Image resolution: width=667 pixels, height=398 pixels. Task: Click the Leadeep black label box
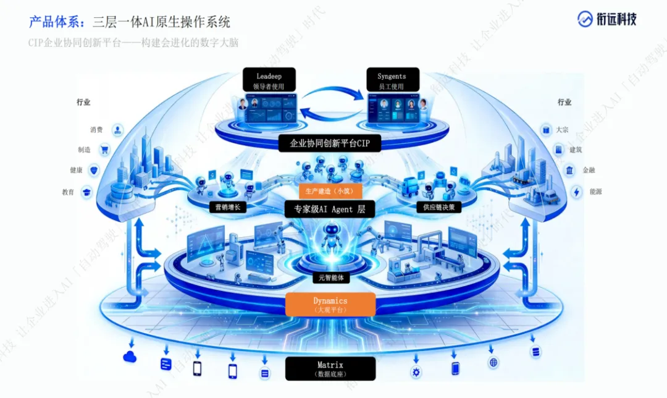click(269, 80)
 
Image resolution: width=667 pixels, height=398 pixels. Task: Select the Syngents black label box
click(392, 80)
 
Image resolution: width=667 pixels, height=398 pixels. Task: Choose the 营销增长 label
click(227, 208)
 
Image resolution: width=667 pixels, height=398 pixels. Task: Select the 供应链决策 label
click(438, 208)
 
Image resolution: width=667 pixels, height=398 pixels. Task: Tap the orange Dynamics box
click(331, 304)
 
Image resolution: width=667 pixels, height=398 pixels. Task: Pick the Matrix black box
click(330, 368)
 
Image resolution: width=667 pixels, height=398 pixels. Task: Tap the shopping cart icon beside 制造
click(104, 150)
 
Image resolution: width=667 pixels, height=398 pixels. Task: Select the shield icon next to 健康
click(94, 170)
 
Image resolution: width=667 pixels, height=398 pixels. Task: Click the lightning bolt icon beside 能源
click(577, 192)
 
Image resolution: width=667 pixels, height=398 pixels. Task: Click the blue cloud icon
click(130, 357)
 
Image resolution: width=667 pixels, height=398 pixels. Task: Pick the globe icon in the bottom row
click(493, 363)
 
